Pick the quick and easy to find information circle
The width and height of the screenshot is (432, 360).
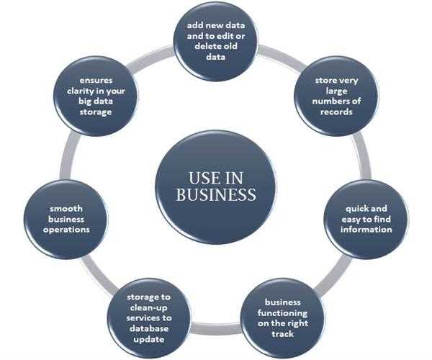pos(366,220)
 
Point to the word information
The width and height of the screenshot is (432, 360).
pos(367,230)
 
